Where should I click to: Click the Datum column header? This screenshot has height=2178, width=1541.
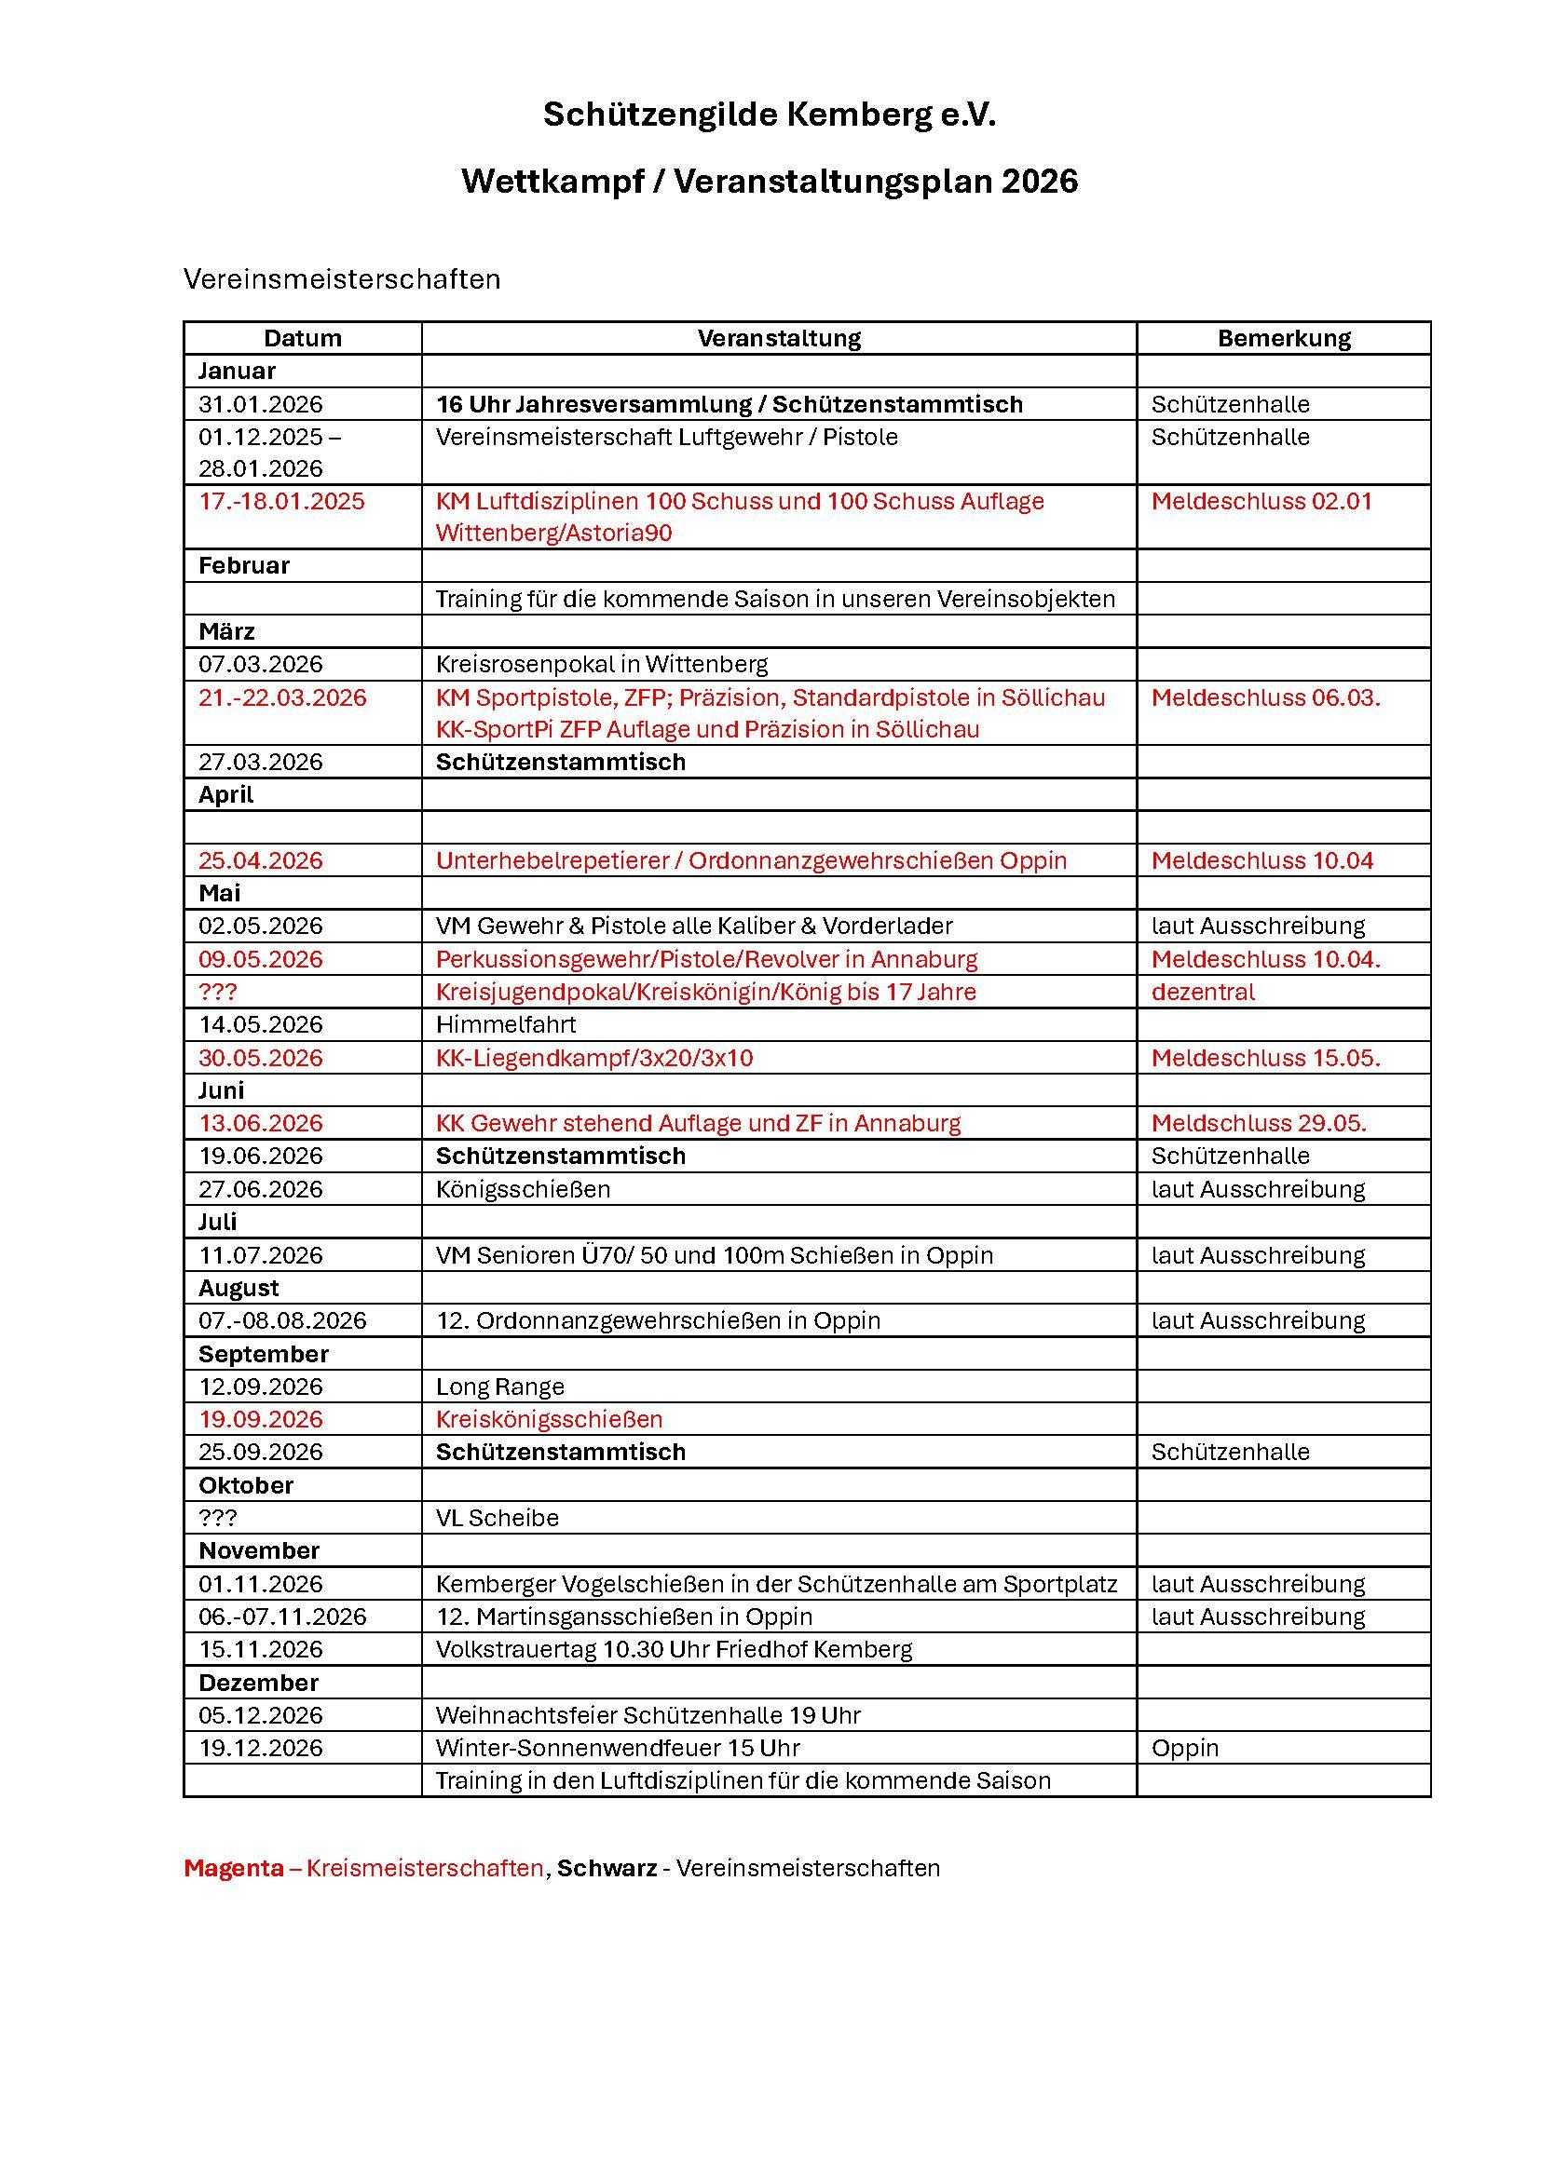[x=302, y=338]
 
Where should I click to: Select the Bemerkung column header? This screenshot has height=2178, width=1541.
[x=1283, y=338]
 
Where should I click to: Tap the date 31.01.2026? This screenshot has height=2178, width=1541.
[x=260, y=404]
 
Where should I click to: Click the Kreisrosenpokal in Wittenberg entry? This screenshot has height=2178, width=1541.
[x=602, y=664]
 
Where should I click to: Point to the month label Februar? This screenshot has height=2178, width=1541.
[x=244, y=565]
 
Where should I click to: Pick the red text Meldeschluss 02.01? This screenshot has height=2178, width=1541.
[x=1261, y=501]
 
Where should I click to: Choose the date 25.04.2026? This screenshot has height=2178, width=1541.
[x=260, y=860]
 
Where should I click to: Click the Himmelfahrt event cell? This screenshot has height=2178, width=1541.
[x=506, y=1024]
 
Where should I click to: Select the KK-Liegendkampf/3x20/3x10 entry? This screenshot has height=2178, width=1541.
[x=594, y=1058]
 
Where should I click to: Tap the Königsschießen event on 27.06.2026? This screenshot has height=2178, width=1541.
[x=523, y=1188]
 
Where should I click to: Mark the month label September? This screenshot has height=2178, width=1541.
[x=263, y=1354]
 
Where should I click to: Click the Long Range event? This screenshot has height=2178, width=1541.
[x=500, y=1386]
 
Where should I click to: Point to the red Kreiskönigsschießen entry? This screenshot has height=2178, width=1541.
[x=549, y=1419]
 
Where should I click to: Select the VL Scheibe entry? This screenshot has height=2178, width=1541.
[x=498, y=1518]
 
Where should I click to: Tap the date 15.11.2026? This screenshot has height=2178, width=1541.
[x=260, y=1649]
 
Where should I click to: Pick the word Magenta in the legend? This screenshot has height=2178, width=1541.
[x=234, y=1868]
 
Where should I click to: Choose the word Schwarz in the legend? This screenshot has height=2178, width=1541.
[x=607, y=1868]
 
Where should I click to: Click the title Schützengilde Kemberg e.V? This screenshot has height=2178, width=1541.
[x=770, y=115]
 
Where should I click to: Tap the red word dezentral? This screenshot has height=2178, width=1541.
[x=1202, y=992]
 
